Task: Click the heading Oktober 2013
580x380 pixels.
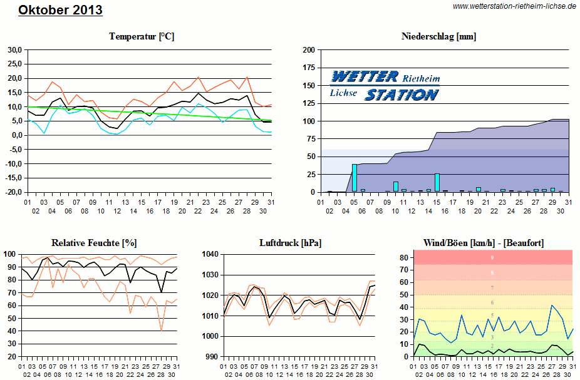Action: [x=60, y=11]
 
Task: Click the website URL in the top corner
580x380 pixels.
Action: [x=514, y=6]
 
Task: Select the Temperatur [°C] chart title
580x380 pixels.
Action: [x=142, y=36]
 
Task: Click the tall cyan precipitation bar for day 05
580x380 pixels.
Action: [x=355, y=178]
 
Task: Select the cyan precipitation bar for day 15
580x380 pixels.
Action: [x=437, y=182]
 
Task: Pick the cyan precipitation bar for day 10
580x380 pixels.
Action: [x=396, y=187]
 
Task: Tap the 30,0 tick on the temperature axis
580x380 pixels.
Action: [x=14, y=49]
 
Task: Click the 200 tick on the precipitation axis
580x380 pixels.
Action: [x=308, y=49]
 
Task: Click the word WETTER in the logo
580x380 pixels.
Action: [x=365, y=77]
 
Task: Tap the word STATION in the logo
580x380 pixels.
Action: [x=401, y=95]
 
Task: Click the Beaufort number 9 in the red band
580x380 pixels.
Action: [x=492, y=257]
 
